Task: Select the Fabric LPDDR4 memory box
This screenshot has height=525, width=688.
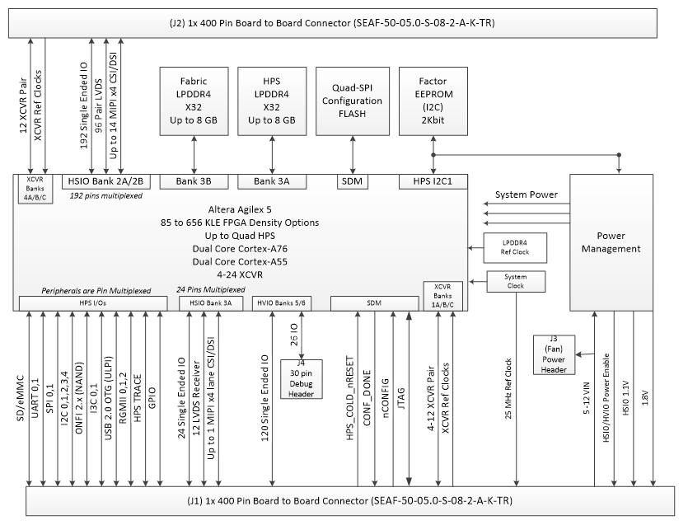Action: coord(194,101)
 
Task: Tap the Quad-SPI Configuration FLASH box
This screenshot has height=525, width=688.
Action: coord(352,101)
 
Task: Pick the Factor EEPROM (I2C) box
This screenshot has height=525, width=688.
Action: coord(432,101)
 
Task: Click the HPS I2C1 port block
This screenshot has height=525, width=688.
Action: coord(433,180)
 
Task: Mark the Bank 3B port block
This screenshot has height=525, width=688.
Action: coord(194,180)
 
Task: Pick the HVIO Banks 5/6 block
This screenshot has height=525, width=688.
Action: coord(284,303)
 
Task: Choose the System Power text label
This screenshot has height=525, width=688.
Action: coord(526,195)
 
